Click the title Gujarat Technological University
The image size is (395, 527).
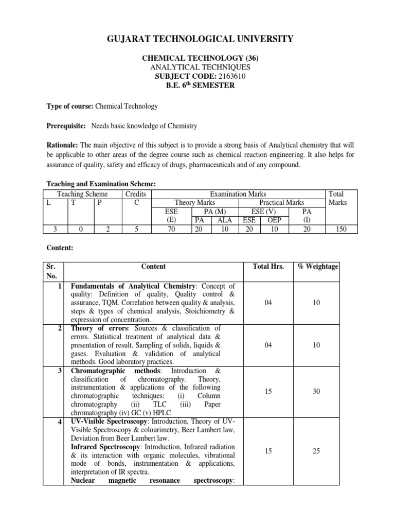[x=197, y=39]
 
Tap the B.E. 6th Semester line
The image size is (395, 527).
[x=197, y=85]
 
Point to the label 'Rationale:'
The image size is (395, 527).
[x=63, y=146]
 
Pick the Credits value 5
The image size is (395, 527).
[x=136, y=229]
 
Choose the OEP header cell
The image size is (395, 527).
[x=273, y=220]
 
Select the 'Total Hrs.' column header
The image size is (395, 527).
[x=268, y=266]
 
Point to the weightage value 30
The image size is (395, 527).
[x=316, y=392]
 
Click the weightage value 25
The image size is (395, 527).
[x=316, y=451]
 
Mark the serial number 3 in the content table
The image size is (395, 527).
[x=61, y=371]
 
